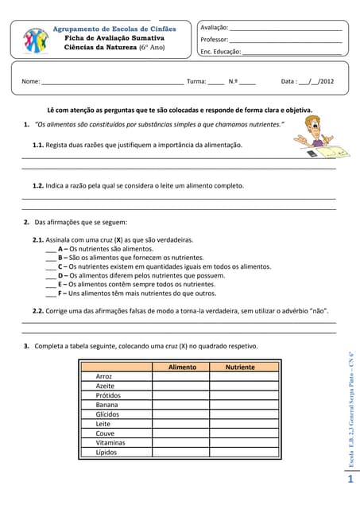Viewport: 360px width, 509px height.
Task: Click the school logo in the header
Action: click(x=35, y=40)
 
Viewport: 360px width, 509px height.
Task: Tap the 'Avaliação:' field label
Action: click(x=214, y=28)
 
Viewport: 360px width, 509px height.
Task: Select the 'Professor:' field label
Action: click(x=214, y=39)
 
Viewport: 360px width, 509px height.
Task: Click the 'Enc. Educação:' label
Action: click(x=220, y=51)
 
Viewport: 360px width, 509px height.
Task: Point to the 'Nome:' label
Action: click(x=30, y=81)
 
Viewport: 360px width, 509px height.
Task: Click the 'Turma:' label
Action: click(x=195, y=81)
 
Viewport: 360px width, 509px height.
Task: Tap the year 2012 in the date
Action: click(x=327, y=81)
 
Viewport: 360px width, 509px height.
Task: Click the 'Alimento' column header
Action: click(x=182, y=367)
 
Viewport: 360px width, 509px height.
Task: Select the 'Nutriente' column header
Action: click(x=240, y=367)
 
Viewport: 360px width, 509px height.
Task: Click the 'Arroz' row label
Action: click(x=103, y=376)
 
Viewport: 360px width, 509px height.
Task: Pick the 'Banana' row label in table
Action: click(x=106, y=405)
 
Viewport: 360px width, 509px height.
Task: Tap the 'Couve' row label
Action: click(x=105, y=433)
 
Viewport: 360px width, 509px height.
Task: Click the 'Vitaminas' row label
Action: click(x=110, y=443)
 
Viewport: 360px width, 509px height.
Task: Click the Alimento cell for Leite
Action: click(x=181, y=424)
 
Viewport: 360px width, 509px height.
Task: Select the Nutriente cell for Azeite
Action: click(x=240, y=386)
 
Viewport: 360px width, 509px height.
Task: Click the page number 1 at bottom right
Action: click(x=350, y=480)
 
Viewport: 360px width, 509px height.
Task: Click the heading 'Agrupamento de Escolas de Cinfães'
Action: click(x=114, y=29)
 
